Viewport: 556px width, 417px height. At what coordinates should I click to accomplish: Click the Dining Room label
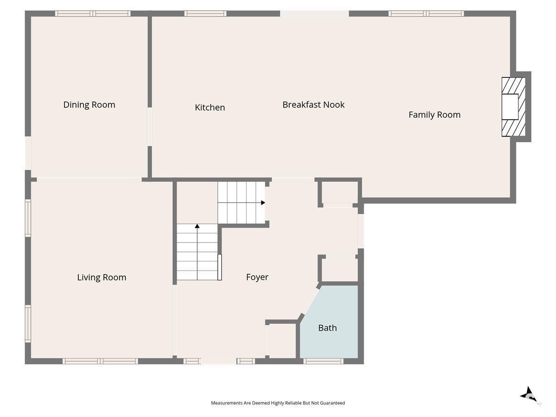89,105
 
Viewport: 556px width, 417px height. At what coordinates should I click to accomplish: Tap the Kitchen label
210,107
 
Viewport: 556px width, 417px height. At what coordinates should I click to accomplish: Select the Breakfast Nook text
313,105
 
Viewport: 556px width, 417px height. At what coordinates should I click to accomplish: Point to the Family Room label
435,115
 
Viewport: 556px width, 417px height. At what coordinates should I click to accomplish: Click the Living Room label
101,277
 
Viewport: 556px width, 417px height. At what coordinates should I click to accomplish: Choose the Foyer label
257,277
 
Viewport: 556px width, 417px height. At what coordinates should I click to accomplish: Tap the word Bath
328,328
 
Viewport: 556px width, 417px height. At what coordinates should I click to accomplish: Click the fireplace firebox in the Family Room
510,107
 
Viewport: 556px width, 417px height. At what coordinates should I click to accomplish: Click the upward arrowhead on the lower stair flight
197,226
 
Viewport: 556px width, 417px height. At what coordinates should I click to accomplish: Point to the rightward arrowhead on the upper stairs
263,202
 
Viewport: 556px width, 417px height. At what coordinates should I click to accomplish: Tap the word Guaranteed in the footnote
332,403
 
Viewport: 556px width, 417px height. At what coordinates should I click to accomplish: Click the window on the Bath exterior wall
323,361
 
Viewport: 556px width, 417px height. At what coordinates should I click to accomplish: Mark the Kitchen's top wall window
205,13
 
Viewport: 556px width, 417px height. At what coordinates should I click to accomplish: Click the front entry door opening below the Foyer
219,361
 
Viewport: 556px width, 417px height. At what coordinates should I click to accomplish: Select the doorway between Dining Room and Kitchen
150,126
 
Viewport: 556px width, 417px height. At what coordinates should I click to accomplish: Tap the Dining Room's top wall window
93,13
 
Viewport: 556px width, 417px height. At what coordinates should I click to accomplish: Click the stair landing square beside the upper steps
197,202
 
